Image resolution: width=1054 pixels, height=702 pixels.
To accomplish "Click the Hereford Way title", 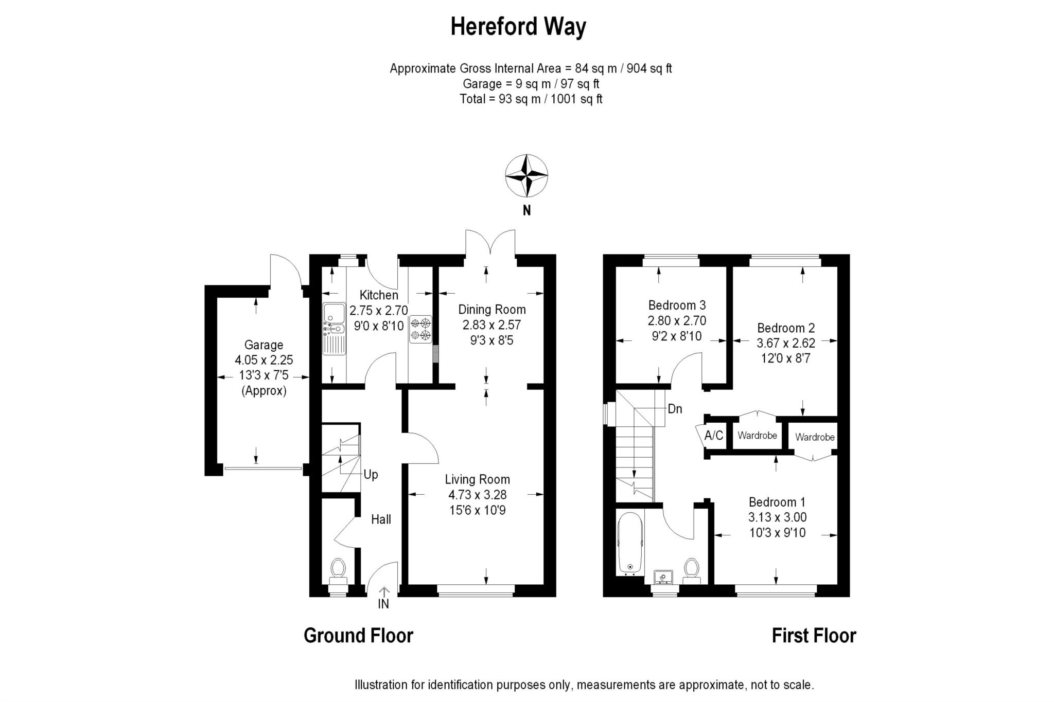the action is [518, 27].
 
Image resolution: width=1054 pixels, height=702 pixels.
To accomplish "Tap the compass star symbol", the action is [526, 175].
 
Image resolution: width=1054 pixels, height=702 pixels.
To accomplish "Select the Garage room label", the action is [263, 345].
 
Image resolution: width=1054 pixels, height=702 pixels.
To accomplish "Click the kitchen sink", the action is [334, 328].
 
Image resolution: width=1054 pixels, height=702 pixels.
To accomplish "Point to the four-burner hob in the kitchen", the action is [421, 329].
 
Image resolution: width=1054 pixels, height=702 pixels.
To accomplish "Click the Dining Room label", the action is [492, 310].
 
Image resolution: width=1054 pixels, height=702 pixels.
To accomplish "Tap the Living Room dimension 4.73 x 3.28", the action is [478, 495].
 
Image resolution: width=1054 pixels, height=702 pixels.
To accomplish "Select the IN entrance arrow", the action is [384, 592].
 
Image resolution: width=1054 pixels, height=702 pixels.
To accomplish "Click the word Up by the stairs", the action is [371, 475].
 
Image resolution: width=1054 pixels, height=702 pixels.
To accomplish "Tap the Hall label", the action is [381, 519].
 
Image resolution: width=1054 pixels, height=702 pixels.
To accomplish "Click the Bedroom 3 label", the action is [677, 305].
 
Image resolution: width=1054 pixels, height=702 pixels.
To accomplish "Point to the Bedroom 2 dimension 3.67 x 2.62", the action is [786, 343].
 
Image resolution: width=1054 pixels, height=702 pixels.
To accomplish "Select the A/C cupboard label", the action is [714, 436].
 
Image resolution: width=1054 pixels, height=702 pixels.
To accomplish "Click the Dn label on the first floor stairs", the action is [675, 409].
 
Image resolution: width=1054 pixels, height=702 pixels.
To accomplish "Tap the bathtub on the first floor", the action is [630, 543].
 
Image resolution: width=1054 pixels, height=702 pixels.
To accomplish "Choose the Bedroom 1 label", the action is [777, 502].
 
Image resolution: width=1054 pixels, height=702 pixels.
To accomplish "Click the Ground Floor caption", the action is [358, 636].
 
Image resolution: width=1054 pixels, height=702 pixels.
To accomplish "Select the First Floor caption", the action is [814, 636].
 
